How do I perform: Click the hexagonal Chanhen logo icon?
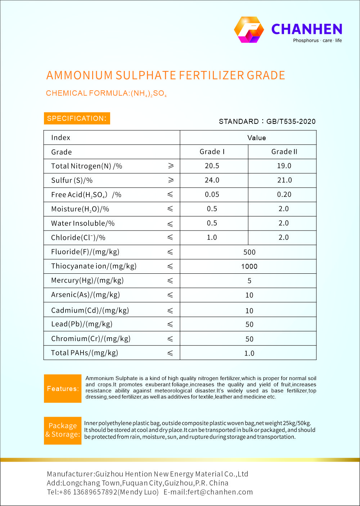coord(249,30)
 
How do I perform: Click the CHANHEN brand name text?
coord(306,29)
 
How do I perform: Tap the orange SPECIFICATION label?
coord(77,118)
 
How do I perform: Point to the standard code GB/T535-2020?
coord(291,121)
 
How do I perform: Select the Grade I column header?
coord(212,152)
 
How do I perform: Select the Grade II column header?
coord(284,152)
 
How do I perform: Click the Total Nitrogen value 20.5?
coord(212,166)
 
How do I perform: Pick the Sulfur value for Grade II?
coord(284,180)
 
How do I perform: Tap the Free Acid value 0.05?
coord(212,194)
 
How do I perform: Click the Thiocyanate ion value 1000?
coord(249,267)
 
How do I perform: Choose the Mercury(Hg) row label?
coord(87,281)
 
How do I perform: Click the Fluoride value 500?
coord(249,252)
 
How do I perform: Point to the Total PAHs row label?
coord(84,353)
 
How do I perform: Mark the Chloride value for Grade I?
coord(212,237)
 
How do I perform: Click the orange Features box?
coord(63,389)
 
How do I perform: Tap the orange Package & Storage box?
coord(63,430)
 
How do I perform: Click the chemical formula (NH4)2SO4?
coord(148,94)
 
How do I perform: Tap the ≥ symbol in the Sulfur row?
coord(171,180)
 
